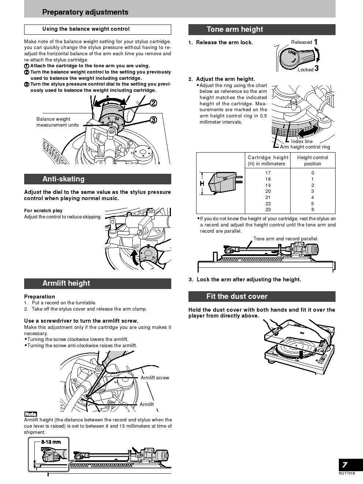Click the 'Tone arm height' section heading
click(235, 30)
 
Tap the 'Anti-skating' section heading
click(63, 179)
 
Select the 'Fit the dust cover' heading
click(237, 296)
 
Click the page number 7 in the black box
click(344, 465)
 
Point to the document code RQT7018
click(347, 473)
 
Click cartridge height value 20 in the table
click(268, 191)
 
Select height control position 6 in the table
click(313, 210)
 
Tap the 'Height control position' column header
click(313, 161)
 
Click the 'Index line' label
click(302, 141)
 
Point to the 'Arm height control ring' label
click(305, 147)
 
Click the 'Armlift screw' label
click(155, 378)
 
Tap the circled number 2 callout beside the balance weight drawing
click(154, 103)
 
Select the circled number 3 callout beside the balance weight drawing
click(154, 120)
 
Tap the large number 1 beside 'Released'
click(315, 42)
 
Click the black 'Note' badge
click(30, 414)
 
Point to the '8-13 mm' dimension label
click(51, 442)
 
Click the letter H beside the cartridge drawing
click(202, 183)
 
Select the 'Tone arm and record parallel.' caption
click(286, 239)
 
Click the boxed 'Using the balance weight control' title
click(86, 29)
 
